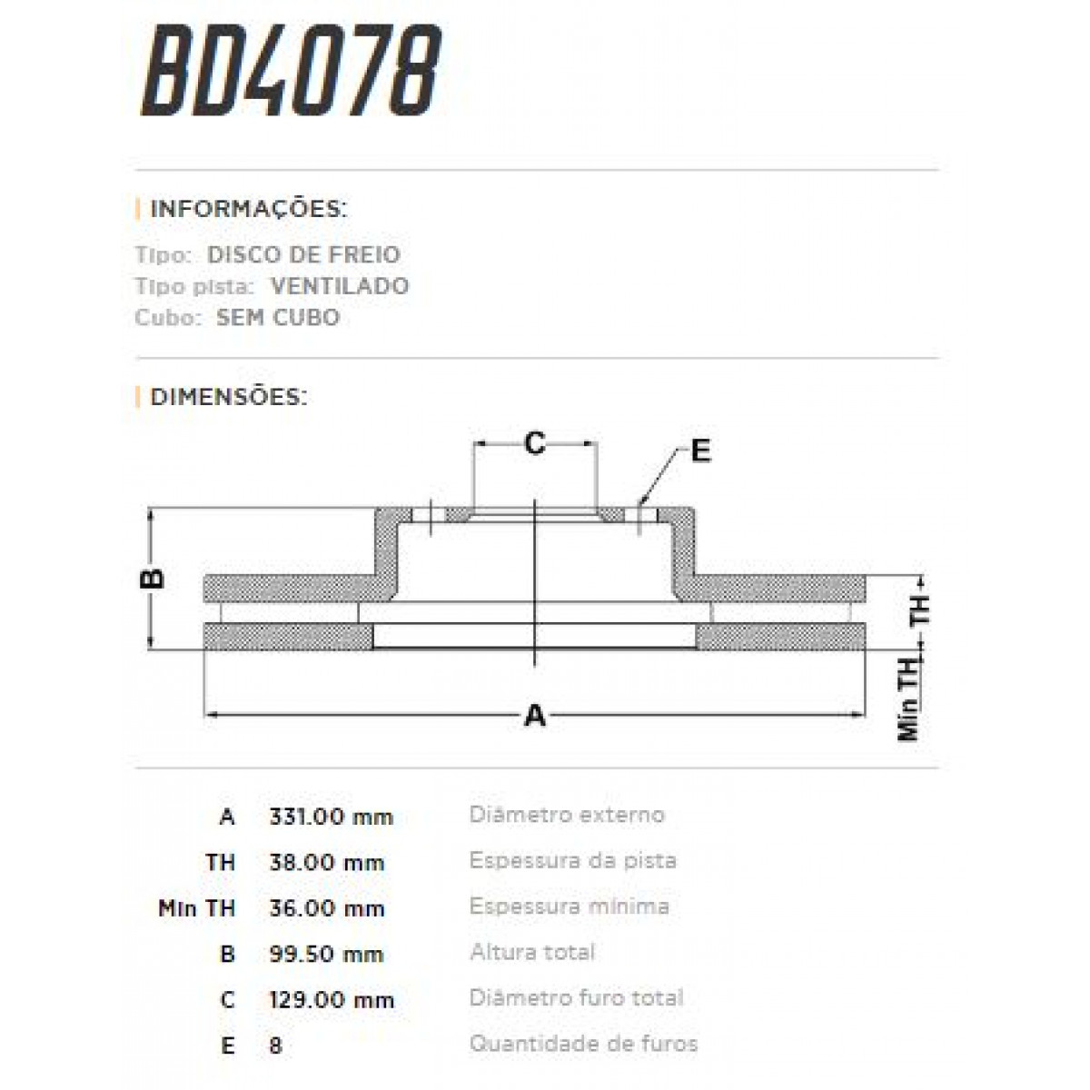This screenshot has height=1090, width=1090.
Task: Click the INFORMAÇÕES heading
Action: (247, 209)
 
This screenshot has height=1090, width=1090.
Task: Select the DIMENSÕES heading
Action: (228, 397)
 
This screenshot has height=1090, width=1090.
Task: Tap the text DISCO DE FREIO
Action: (303, 254)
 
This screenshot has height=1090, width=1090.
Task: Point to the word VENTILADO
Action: (339, 286)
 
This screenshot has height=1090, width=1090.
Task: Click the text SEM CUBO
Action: (277, 318)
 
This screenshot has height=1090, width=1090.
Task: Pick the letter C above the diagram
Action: (536, 443)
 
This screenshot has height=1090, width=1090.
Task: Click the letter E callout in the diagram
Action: (700, 451)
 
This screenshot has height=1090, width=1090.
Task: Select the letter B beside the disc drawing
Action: (155, 579)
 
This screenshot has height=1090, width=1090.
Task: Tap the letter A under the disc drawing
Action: (536, 716)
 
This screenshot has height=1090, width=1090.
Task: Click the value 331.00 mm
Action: (331, 817)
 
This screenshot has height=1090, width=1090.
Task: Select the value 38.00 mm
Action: (326, 862)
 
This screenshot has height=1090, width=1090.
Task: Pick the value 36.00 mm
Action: (326, 908)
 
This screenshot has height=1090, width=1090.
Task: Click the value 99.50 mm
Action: (326, 954)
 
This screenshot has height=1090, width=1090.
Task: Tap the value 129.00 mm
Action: (331, 1000)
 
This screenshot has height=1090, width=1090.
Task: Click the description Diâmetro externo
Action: (566, 815)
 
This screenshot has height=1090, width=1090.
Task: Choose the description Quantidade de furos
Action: (583, 1044)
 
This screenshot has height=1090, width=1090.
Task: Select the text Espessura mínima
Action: (569, 907)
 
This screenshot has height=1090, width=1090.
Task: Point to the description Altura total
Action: (532, 952)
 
